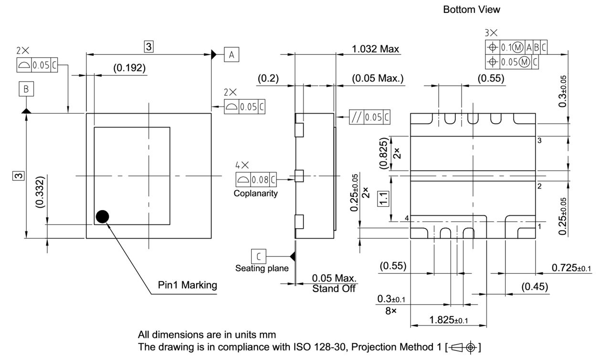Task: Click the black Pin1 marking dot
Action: (x=102, y=217)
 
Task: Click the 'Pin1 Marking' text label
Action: (x=187, y=285)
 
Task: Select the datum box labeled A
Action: (x=232, y=55)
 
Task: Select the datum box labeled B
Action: (x=26, y=89)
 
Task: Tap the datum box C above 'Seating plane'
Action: (x=259, y=256)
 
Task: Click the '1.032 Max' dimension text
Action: (x=376, y=49)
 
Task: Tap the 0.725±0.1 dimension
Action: (x=571, y=268)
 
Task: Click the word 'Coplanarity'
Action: (x=255, y=194)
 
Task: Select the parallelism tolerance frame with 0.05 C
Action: (x=369, y=117)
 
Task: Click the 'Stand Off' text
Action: (x=334, y=289)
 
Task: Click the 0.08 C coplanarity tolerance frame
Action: (x=256, y=180)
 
